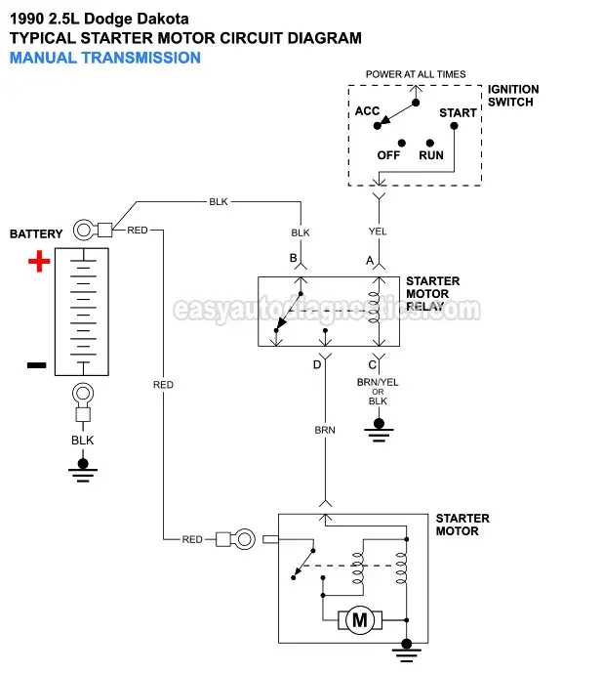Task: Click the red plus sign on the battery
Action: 38,262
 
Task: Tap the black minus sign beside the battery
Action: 36,364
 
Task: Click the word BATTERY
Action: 36,234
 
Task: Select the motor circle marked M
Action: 358,619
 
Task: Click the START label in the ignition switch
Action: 458,112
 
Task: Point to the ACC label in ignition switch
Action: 367,111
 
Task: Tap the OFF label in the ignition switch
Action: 388,155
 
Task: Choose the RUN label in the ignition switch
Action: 431,155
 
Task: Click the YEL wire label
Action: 378,232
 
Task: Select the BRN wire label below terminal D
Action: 325,430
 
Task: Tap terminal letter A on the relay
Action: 370,260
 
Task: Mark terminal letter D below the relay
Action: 316,364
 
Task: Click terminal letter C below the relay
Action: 372,364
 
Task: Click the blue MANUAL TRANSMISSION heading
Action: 104,58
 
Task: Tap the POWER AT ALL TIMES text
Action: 416,74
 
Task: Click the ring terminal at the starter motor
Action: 244,538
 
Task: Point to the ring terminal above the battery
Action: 83,231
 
